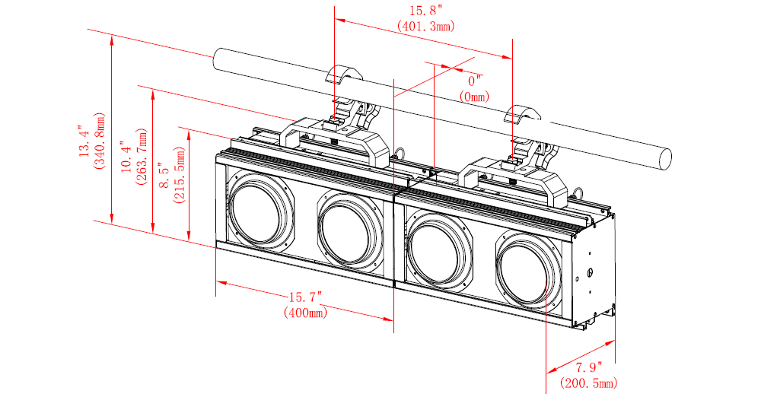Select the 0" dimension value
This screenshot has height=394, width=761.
coord(476,81)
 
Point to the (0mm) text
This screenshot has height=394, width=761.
coord(476,97)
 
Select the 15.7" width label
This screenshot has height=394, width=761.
coord(305,297)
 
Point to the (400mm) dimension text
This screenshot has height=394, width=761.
coord(305,312)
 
